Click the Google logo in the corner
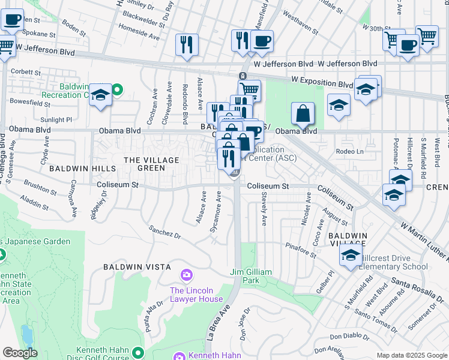pos(20,353)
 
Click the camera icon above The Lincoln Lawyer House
pos(187,275)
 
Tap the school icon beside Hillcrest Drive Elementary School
pos(351,255)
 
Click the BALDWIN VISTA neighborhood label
pos(137,266)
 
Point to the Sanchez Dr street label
pos(164,232)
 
